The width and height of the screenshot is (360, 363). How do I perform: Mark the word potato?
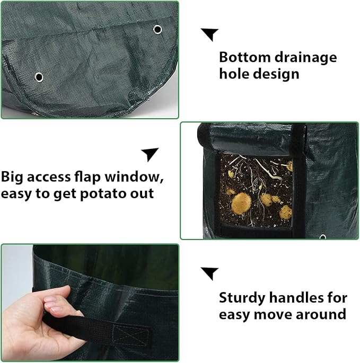(101, 193)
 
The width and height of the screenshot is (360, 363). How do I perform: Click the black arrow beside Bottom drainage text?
(209, 34)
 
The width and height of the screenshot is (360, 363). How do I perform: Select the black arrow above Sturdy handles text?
(209, 273)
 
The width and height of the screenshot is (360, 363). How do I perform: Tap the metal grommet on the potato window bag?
(322, 236)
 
